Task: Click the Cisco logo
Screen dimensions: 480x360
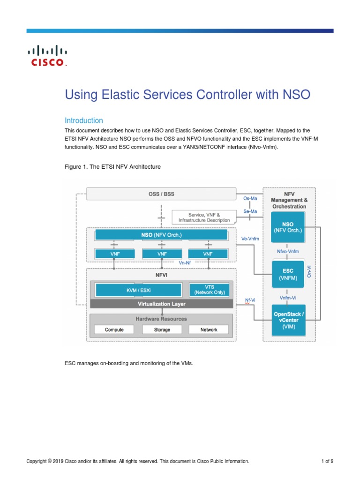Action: [48, 56]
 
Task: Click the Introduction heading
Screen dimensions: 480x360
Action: [83, 120]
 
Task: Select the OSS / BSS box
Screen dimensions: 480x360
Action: [161, 194]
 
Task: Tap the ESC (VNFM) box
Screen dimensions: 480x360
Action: [288, 274]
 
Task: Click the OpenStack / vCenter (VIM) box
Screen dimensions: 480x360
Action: [289, 320]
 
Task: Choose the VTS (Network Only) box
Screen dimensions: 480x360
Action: [209, 290]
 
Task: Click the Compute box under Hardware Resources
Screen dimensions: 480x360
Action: [114, 330]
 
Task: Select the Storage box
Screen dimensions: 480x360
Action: [162, 330]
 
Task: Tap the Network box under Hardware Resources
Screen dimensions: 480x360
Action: [209, 330]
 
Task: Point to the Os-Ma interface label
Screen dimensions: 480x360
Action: [250, 198]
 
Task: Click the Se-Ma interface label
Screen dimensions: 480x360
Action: [250, 211]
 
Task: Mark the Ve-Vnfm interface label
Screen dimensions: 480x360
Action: [250, 239]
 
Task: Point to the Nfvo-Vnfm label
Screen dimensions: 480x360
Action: [288, 251]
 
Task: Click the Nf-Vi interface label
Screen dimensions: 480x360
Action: [250, 300]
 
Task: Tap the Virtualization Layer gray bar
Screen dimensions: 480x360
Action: [161, 304]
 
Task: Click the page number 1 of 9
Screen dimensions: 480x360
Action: [327, 461]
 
